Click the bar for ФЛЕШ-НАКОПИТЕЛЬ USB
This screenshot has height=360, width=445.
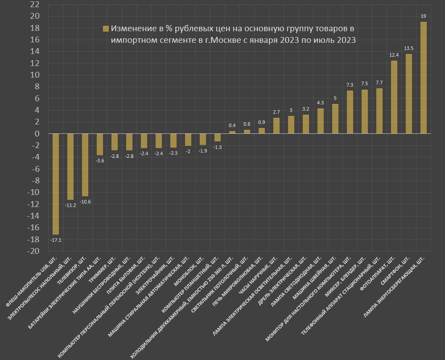point(56,184)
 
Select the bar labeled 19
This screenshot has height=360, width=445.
point(423,78)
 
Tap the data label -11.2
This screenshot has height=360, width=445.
point(70,205)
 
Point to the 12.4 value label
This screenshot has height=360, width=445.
point(394,55)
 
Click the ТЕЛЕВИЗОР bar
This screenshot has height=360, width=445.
point(85,165)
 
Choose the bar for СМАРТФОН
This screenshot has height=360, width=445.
point(408,94)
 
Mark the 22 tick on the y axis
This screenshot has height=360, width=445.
point(34,4)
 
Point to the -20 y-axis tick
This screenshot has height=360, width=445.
point(33,251)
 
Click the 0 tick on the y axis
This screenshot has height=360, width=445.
point(37,134)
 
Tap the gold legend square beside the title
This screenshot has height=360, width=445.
point(106,29)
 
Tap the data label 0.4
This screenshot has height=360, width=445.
point(232,125)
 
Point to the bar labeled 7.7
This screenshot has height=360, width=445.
point(379,111)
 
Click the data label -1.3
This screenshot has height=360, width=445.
point(217,147)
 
